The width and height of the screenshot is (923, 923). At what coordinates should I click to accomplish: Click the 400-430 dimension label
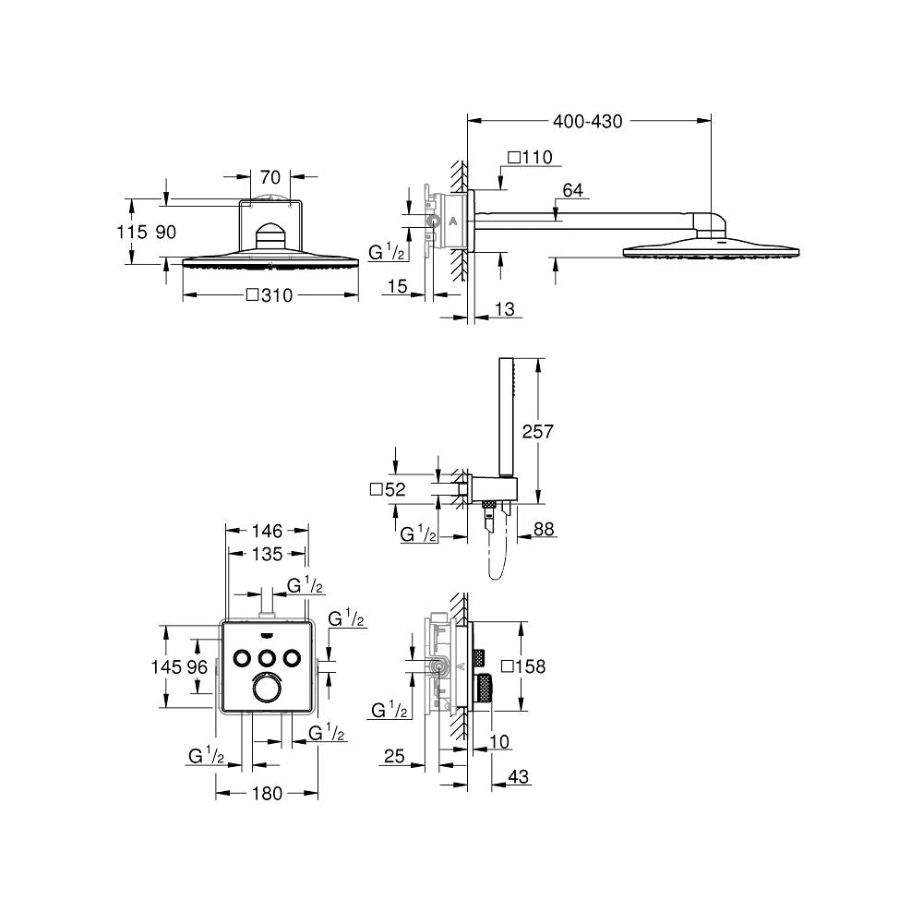coord(588,121)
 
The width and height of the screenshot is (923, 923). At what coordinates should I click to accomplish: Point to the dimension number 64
coord(572,190)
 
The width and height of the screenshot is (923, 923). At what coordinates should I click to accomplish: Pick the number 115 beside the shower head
coord(132,233)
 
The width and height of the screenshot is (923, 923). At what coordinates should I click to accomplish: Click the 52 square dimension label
coord(388,490)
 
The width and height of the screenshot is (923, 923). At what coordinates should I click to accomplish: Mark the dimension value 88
coord(545,530)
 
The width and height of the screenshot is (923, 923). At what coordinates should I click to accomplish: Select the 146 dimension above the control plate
coord(267,531)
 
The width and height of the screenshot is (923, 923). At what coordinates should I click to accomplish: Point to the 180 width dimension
coord(267,793)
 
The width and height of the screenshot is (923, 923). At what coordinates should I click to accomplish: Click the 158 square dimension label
coord(523,665)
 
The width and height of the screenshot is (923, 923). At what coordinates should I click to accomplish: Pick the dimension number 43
coord(519,778)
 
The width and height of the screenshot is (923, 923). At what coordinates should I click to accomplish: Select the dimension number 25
coord(394,757)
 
